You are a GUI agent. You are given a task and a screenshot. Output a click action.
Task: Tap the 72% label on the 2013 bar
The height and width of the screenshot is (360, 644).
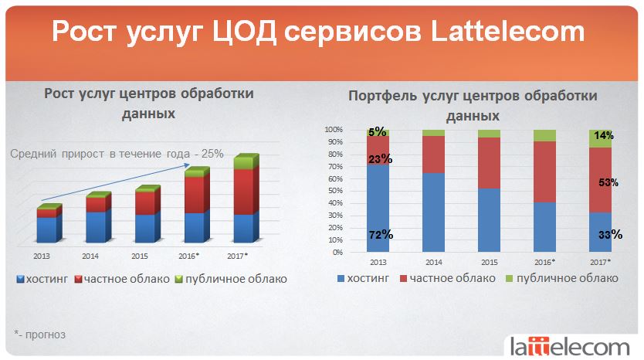click(380, 234)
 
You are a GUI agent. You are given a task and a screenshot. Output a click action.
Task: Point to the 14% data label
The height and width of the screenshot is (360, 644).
click(605, 136)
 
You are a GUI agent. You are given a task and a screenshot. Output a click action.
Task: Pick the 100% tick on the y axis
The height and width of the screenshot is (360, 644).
click(333, 130)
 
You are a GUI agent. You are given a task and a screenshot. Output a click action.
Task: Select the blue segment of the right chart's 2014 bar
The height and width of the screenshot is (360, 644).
click(434, 212)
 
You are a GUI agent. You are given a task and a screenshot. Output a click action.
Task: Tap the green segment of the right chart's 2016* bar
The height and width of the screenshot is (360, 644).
click(544, 135)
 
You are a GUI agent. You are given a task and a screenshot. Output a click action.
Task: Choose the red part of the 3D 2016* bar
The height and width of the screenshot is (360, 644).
click(195, 195)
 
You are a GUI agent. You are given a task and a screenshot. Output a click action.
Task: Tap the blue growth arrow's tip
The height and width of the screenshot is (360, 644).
click(189, 164)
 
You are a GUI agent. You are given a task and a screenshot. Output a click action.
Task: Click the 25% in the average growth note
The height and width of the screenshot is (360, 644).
click(212, 154)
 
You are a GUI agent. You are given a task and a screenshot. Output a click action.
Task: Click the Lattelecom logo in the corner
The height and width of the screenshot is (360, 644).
click(568, 345)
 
